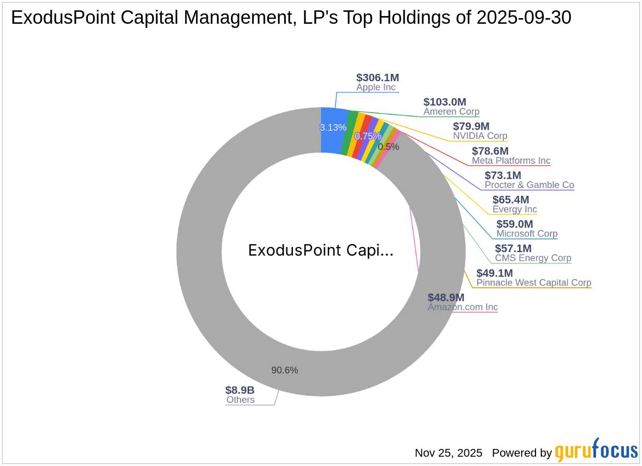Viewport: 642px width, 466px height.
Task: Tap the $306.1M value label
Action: point(377,77)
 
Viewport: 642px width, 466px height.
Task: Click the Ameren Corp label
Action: point(451,112)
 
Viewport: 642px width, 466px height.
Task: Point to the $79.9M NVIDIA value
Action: point(471,127)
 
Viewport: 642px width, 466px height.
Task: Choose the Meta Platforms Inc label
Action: point(511,161)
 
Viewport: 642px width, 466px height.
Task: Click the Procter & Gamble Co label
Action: point(529,185)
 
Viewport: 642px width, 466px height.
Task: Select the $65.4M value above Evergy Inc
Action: point(511,200)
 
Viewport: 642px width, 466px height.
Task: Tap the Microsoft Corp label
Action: point(527,234)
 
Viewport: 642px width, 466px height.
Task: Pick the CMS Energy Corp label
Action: point(533,258)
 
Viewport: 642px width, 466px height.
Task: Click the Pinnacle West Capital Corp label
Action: point(533,283)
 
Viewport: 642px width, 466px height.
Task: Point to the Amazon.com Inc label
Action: point(463,307)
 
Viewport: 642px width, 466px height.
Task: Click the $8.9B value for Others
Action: point(240,391)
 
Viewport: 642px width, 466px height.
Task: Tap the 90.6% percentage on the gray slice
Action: point(284,370)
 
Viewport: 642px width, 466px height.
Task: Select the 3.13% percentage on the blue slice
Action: point(333,128)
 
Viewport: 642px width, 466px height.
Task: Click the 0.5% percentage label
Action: point(388,147)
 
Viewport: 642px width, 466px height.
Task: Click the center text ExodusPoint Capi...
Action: point(320,251)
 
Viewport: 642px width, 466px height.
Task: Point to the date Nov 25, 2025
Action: point(448,453)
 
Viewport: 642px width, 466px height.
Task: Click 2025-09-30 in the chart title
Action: point(524,18)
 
